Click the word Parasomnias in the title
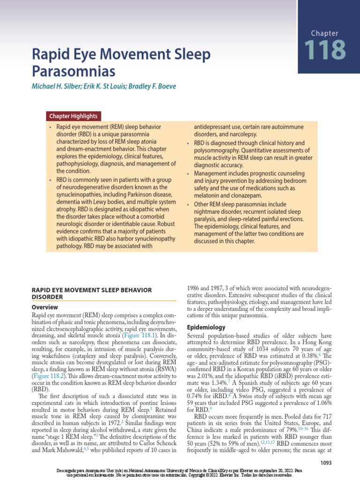coord(73,71)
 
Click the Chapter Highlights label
coord(74,116)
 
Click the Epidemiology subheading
coord(206,327)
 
